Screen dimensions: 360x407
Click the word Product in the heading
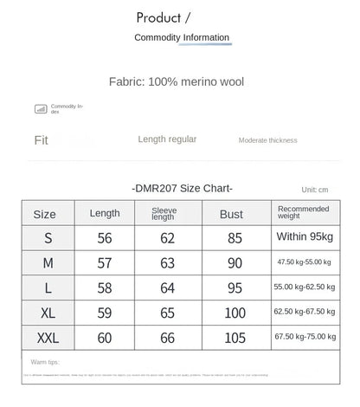coord(158,17)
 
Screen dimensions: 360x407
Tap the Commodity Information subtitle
coord(182,37)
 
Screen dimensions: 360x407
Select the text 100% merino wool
coord(196,82)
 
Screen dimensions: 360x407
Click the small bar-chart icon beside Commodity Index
coord(40,108)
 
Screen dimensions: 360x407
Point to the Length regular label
coord(167,139)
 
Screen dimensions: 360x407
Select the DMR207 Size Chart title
coord(183,188)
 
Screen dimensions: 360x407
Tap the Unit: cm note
coord(314,190)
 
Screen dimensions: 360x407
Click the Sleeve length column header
coord(164,213)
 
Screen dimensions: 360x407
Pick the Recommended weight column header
coord(303,213)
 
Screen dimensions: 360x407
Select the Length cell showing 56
coord(105,237)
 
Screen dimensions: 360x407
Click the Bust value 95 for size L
coord(235,287)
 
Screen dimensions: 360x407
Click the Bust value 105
coord(235,337)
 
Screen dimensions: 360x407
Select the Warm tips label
coord(45,360)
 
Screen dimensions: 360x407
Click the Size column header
coord(44,214)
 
